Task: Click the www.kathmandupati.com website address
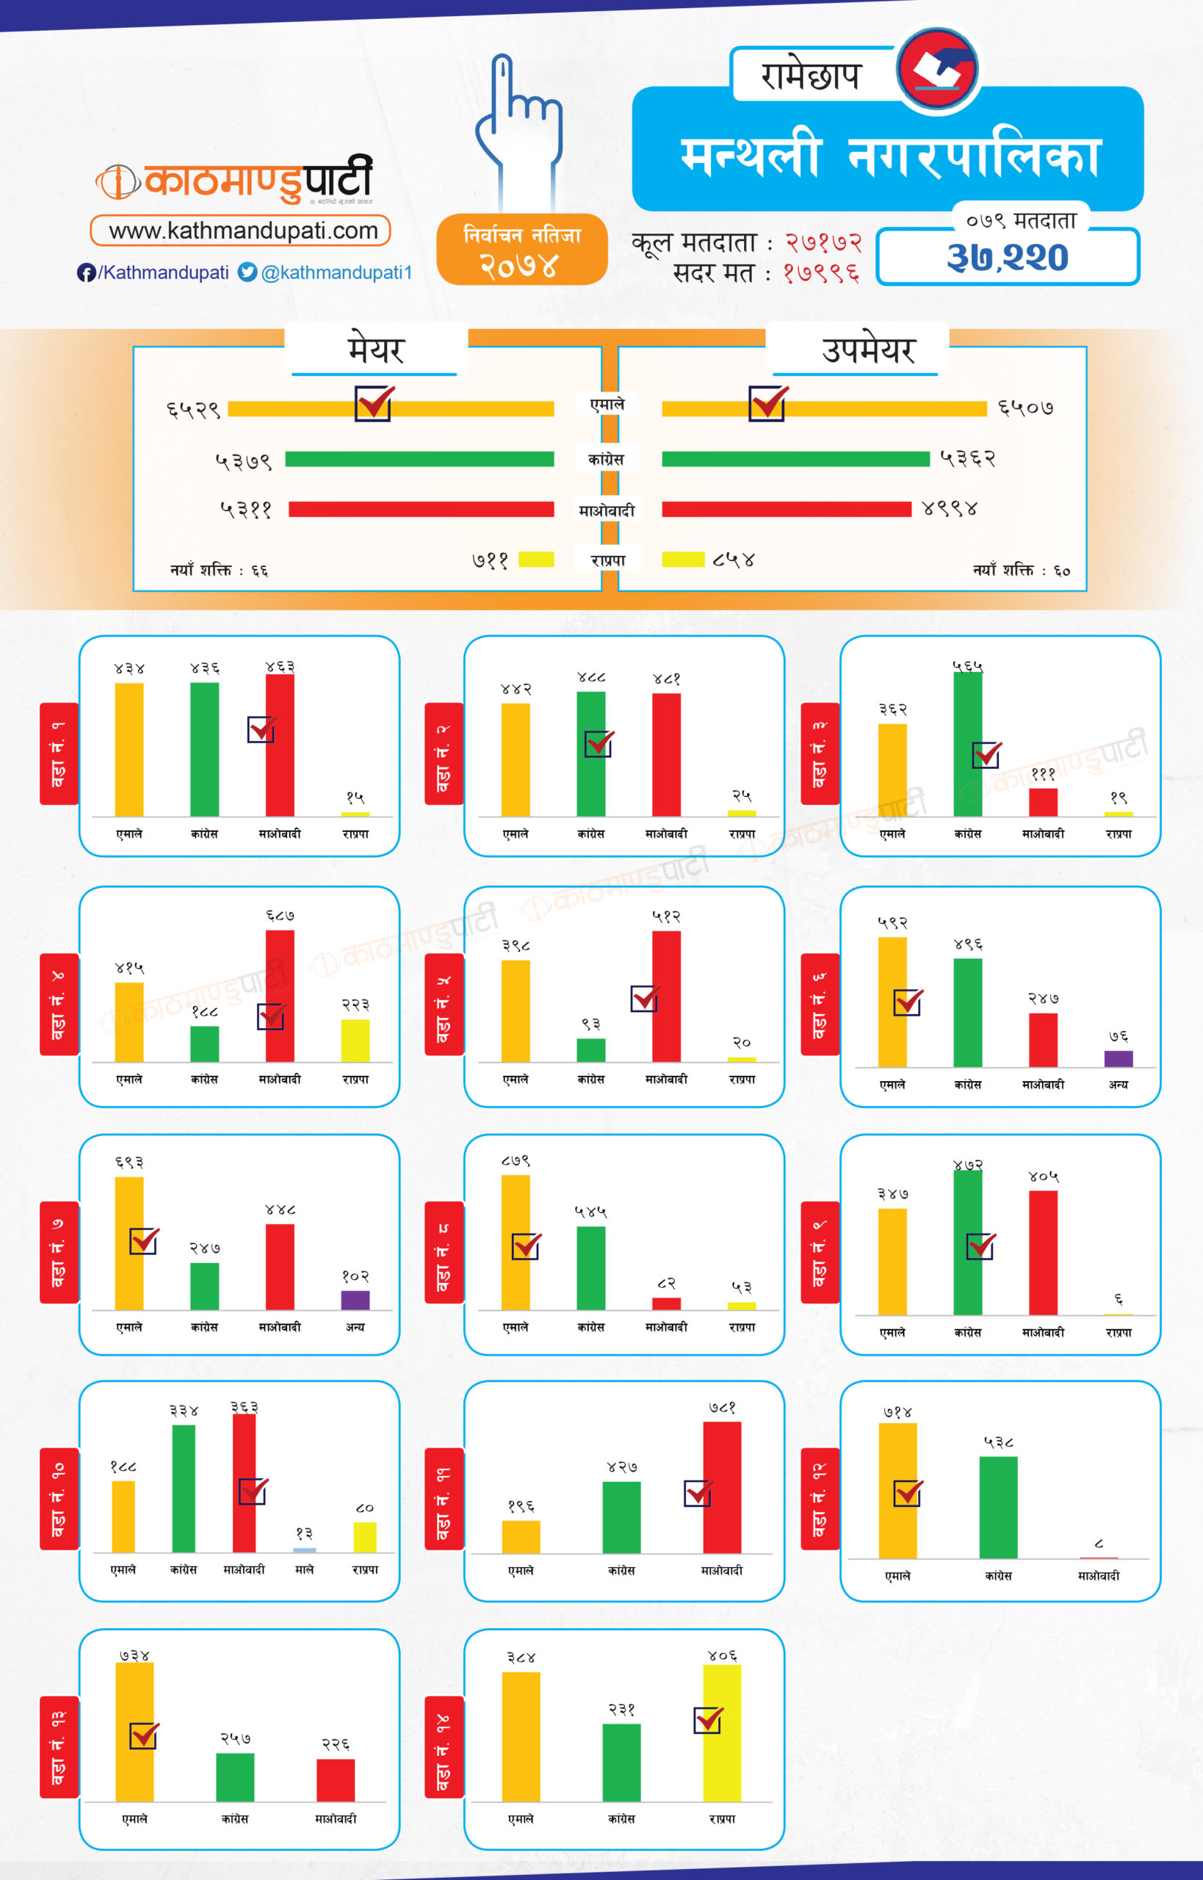pyautogui.click(x=242, y=231)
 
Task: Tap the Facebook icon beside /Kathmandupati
pyautogui.click(x=86, y=272)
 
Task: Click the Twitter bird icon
pyautogui.click(x=247, y=272)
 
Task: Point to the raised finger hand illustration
pyautogui.click(x=519, y=125)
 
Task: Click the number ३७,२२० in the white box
pyautogui.click(x=1007, y=257)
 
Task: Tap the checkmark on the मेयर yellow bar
pyautogui.click(x=373, y=404)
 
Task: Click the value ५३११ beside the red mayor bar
pyautogui.click(x=246, y=510)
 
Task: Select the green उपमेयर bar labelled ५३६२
pyautogui.click(x=795, y=458)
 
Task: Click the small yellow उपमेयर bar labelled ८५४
pyautogui.click(x=683, y=560)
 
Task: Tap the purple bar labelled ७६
pyautogui.click(x=1118, y=1058)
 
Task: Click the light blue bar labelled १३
pyautogui.click(x=305, y=1550)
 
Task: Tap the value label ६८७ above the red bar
pyautogui.click(x=280, y=915)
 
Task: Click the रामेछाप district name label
pyautogui.click(x=811, y=76)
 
